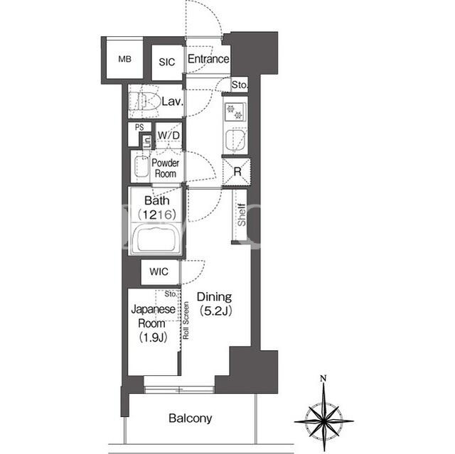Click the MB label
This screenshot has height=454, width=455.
pos(125,59)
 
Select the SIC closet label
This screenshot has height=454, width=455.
pos(167,62)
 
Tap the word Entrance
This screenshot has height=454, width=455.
pos(208,59)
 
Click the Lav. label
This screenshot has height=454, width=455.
pos(172,102)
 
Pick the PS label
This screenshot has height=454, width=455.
pos(139,127)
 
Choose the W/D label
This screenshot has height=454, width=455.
pos(169,135)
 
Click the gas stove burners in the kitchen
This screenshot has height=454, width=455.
pos(235,112)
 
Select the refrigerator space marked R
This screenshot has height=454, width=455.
pos(237,172)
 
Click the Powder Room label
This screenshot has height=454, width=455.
pos(166,168)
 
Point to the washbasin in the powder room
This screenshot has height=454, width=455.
pos(141,166)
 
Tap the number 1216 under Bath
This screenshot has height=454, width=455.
pos(156,215)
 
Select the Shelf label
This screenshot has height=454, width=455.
pos(242,215)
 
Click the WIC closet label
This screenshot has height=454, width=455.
pos(159,271)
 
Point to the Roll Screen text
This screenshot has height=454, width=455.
pos(186,320)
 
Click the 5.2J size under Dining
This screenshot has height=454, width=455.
pos(215,311)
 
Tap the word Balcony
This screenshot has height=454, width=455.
pos(191,418)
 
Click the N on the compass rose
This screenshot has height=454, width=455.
pos(323,378)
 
